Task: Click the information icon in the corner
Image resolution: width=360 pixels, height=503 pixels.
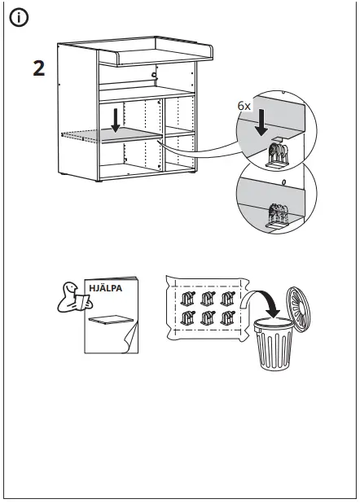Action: pyautogui.click(x=19, y=18)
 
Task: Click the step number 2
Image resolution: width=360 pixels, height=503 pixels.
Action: pyautogui.click(x=39, y=68)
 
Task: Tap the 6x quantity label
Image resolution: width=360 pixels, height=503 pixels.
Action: pyautogui.click(x=244, y=106)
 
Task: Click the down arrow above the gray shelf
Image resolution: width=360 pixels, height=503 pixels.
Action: pyautogui.click(x=116, y=120)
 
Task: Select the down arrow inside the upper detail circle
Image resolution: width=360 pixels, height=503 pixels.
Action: pyautogui.click(x=261, y=122)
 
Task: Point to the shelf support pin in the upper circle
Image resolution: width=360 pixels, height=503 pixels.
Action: pyautogui.click(x=277, y=155)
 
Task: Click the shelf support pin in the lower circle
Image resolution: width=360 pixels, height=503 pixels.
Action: pyautogui.click(x=277, y=216)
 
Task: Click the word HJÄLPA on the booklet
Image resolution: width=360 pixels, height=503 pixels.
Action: pyautogui.click(x=105, y=288)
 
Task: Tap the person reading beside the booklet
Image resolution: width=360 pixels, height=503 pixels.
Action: pyautogui.click(x=74, y=297)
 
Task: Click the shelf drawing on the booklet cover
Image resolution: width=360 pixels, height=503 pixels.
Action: pyautogui.click(x=111, y=320)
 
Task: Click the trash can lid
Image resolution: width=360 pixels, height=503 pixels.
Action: pyautogui.click(x=298, y=309)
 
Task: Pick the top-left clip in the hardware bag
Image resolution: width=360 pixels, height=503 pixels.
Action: pyautogui.click(x=187, y=299)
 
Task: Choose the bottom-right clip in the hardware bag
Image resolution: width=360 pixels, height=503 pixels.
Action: pyautogui.click(x=227, y=318)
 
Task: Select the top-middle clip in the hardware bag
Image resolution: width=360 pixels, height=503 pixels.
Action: pyautogui.click(x=208, y=299)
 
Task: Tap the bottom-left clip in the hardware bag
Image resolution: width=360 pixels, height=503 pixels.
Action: pyautogui.click(x=187, y=318)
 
